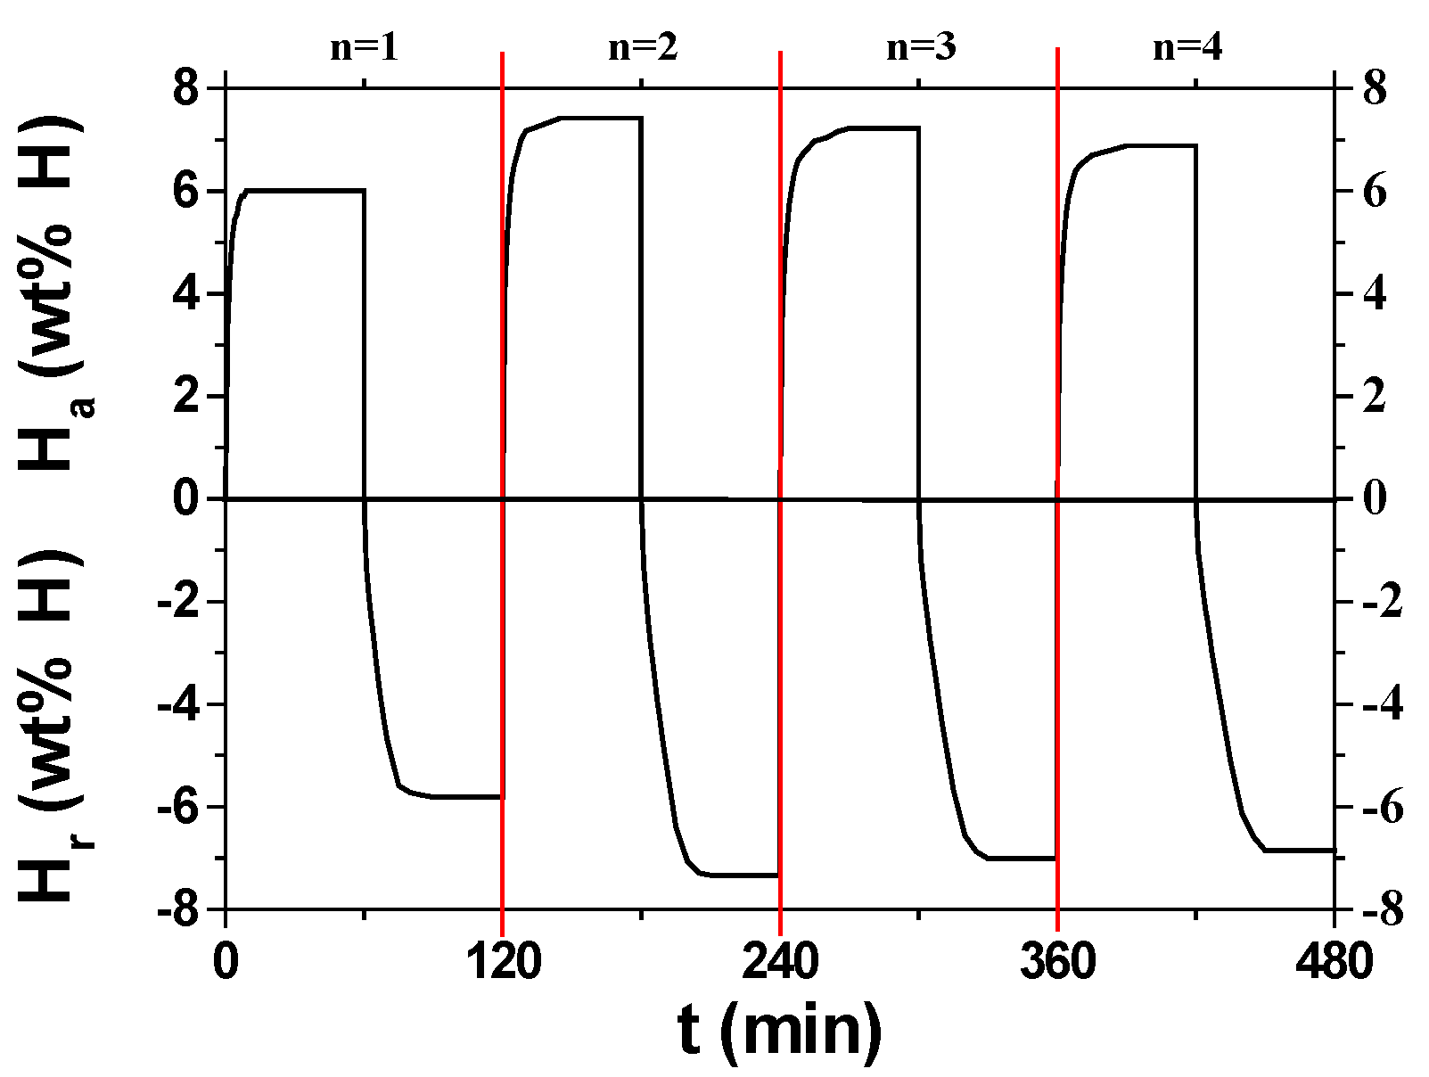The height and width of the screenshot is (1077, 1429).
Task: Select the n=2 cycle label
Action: tap(642, 46)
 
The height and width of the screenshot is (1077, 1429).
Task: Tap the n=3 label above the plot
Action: tap(920, 46)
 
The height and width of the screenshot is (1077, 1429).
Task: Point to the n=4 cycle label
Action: tap(1187, 46)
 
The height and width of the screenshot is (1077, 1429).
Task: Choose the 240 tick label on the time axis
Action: tap(781, 963)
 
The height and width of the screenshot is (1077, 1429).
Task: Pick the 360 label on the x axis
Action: tap(1058, 963)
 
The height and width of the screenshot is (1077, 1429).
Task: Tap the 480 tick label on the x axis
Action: tap(1334, 963)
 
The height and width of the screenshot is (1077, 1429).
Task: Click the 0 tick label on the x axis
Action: tap(226, 963)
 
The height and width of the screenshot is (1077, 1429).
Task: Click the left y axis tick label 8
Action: tap(188, 89)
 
